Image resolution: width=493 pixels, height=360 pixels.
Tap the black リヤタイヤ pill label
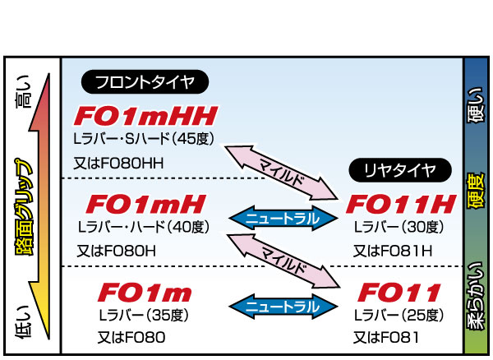[x=401, y=171]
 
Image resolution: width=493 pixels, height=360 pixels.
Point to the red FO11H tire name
[x=400, y=204]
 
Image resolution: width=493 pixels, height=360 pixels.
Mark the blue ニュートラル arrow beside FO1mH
[x=282, y=218]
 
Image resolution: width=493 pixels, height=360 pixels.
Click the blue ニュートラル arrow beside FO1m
[x=282, y=306]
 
